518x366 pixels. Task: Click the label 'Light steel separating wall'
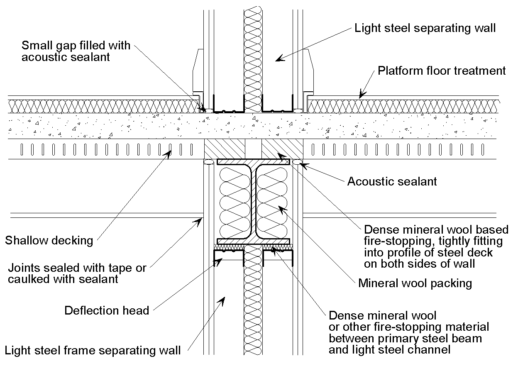[425, 28]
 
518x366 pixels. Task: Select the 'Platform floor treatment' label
[442, 71]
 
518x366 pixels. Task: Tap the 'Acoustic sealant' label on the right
[392, 181]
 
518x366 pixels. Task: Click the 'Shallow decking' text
[49, 240]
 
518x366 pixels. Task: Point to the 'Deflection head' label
[107, 310]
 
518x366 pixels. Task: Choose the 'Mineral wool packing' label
[415, 283]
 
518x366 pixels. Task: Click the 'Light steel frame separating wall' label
[93, 350]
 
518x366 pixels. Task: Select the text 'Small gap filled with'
[76, 45]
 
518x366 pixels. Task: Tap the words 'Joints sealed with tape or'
[77, 268]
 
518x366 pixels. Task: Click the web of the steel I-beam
[253, 201]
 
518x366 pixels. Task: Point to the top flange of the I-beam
[253, 162]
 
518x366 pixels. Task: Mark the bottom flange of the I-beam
[253, 241]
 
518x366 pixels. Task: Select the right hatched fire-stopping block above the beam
[282, 149]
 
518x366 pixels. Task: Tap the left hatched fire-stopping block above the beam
[225, 149]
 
